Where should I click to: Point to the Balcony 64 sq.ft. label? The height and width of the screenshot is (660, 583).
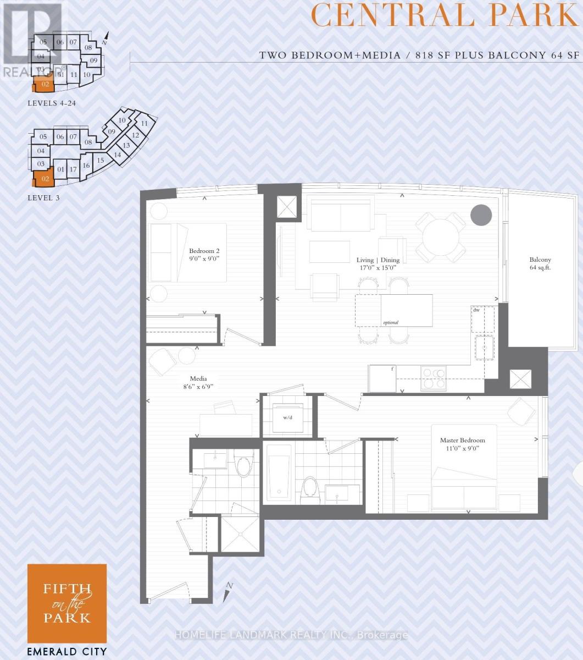click(540, 263)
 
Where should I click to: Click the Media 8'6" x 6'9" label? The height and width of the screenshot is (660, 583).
click(198, 382)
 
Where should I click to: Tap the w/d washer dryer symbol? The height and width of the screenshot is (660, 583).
click(287, 417)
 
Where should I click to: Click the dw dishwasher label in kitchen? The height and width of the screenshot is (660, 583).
click(476, 310)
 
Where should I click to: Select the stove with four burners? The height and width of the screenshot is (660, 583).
click(433, 378)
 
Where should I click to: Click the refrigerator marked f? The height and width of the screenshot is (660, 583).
click(382, 378)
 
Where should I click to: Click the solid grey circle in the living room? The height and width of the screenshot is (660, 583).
click(481, 215)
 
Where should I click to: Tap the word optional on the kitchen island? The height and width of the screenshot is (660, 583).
click(391, 322)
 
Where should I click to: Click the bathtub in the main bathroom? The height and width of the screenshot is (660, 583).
click(279, 472)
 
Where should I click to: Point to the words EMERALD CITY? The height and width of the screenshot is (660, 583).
click(67, 652)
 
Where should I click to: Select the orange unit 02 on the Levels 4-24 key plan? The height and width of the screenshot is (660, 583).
click(44, 85)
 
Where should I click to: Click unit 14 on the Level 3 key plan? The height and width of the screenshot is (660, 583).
click(117, 155)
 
